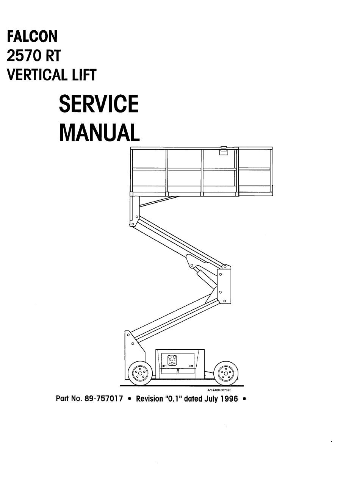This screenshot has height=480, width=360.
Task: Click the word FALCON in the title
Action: (32, 36)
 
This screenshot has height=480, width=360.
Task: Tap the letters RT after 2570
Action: (53, 56)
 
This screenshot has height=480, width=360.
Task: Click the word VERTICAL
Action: (37, 75)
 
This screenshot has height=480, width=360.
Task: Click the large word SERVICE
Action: (99, 104)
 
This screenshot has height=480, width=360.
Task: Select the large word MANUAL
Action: (100, 133)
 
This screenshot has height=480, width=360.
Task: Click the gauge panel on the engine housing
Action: (172, 360)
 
